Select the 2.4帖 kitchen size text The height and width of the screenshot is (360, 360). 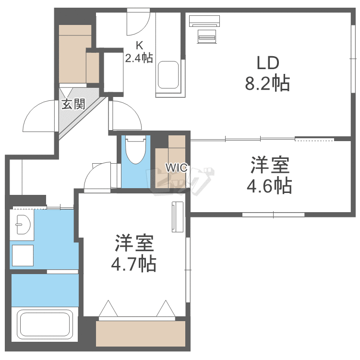point(139,59)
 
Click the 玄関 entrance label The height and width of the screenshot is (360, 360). point(73,104)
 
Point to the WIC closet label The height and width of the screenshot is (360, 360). point(176,168)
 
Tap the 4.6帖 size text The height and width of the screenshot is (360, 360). point(269,185)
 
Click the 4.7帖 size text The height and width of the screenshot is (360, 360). point(134,264)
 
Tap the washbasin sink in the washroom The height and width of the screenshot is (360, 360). point(23,224)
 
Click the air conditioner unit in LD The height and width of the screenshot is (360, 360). point(204,21)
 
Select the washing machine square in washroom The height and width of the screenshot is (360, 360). point(23,255)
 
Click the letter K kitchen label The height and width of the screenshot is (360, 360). point(139,46)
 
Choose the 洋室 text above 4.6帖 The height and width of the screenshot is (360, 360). point(269,165)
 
